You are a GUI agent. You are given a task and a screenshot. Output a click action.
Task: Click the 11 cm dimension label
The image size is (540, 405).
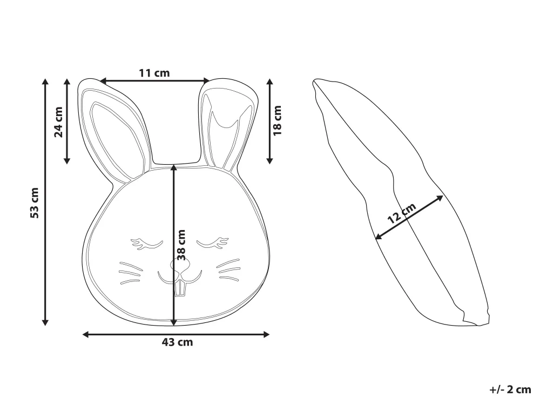click(x=154, y=73)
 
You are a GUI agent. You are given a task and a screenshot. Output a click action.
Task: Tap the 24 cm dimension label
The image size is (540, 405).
click(x=59, y=122)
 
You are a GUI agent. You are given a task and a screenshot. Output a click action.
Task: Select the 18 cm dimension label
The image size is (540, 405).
click(x=277, y=120)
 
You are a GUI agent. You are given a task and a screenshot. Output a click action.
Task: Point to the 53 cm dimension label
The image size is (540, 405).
click(x=35, y=202)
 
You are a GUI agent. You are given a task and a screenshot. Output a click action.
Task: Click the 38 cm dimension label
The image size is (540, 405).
click(x=181, y=245)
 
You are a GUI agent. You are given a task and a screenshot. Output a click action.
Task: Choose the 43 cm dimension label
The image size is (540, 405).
click(x=177, y=342)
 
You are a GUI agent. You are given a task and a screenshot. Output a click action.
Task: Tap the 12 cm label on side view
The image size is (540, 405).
click(x=402, y=213)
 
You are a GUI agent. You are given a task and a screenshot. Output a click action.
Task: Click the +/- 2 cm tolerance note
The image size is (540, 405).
click(x=510, y=389)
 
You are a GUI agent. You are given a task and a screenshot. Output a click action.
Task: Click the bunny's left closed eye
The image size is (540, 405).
click(x=146, y=243)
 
